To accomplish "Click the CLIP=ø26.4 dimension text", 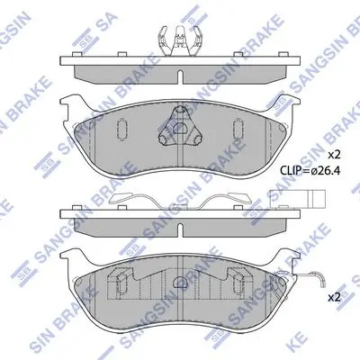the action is [310, 171].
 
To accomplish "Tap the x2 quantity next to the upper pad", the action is [334, 155].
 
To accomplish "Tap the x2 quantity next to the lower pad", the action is [334, 298].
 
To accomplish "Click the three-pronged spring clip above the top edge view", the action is [179, 40].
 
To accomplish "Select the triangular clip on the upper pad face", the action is [180, 128].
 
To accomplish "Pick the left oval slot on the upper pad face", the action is [121, 130].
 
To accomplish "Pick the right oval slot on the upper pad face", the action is [238, 130].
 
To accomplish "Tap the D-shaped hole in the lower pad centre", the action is [180, 282].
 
